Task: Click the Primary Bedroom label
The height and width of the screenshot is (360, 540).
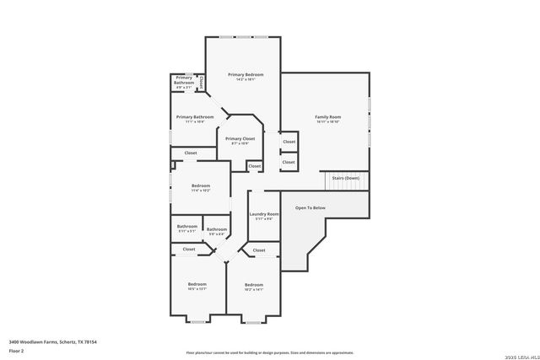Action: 246,75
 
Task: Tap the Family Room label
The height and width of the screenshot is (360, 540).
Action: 327,116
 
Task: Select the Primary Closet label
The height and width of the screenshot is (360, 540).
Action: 240,138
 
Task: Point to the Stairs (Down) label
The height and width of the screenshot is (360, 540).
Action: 344,178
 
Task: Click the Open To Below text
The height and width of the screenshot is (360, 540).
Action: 310,207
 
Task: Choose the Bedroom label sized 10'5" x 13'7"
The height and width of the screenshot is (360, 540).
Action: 197,284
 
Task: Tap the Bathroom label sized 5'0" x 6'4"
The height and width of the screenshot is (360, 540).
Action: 217,229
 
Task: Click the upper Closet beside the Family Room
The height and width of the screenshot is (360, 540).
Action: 289,142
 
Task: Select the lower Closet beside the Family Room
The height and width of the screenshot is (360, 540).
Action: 289,162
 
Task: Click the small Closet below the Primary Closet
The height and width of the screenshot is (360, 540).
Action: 254,167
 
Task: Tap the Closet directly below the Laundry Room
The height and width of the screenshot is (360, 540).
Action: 259,250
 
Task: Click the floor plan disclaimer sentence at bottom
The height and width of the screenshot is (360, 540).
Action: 269,352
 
